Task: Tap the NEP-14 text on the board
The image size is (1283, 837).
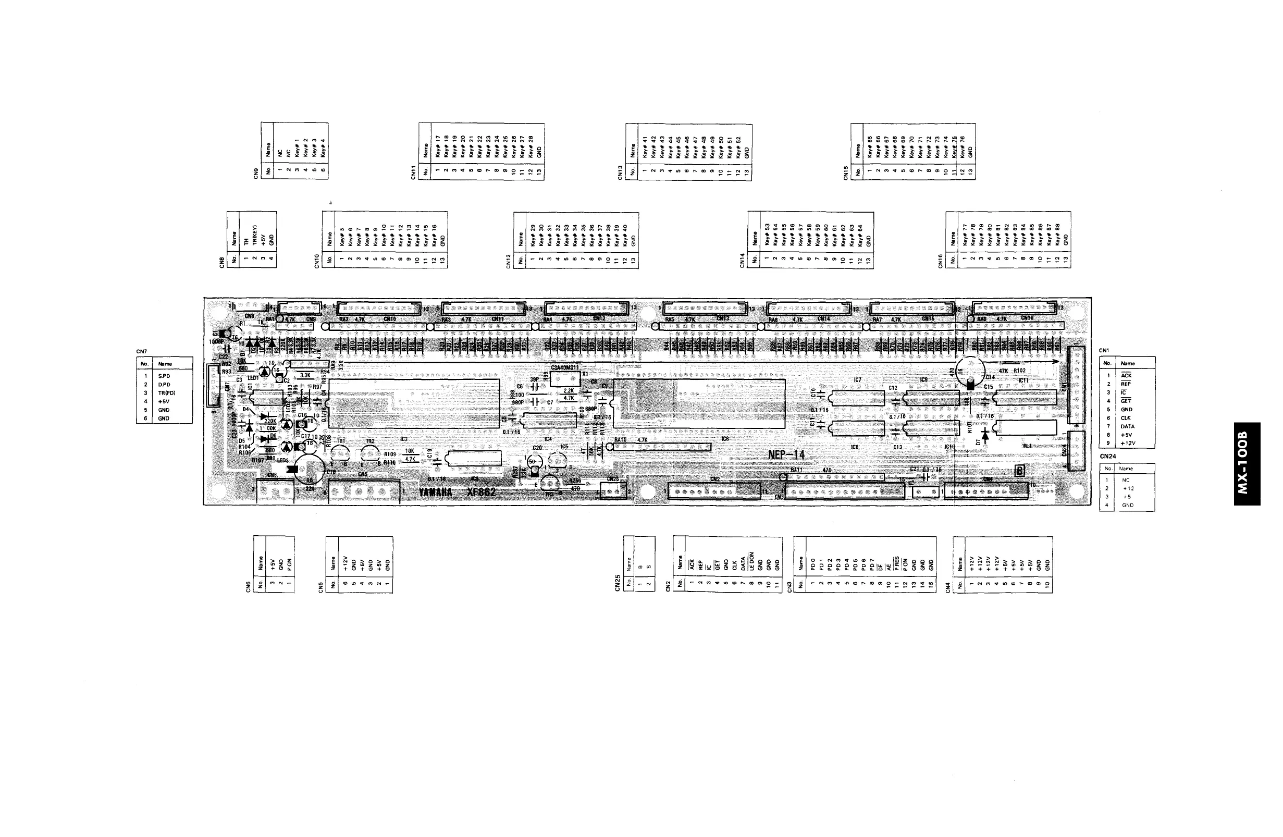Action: pos(786,455)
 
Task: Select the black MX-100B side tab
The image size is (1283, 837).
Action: pos(1247,463)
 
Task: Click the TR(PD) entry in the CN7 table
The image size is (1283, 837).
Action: pos(167,393)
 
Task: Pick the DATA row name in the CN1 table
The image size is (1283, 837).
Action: pos(1127,426)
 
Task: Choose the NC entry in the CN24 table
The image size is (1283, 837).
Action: pos(1126,479)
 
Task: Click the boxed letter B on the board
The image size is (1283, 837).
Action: pos(1019,471)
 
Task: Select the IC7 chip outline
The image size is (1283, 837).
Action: pos(858,398)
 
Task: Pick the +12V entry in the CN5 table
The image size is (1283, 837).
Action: pos(345,563)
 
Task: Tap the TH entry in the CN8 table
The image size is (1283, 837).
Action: pos(246,242)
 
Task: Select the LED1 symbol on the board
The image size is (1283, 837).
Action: pos(265,373)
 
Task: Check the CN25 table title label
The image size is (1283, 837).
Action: pos(617,583)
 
